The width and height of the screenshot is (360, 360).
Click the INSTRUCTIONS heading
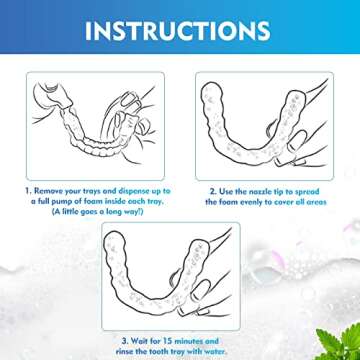point(177,31)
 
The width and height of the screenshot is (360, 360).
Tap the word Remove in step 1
point(48,191)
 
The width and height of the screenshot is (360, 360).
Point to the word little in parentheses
point(70,212)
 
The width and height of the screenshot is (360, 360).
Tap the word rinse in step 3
point(125,351)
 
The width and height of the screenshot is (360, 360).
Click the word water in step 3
point(217,351)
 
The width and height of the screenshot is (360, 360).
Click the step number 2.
point(212,192)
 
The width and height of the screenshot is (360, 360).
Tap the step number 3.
point(125,341)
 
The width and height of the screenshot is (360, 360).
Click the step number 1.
point(28,191)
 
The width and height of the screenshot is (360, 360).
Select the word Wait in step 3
point(139,341)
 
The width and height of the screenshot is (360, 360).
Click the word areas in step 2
point(316,202)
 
